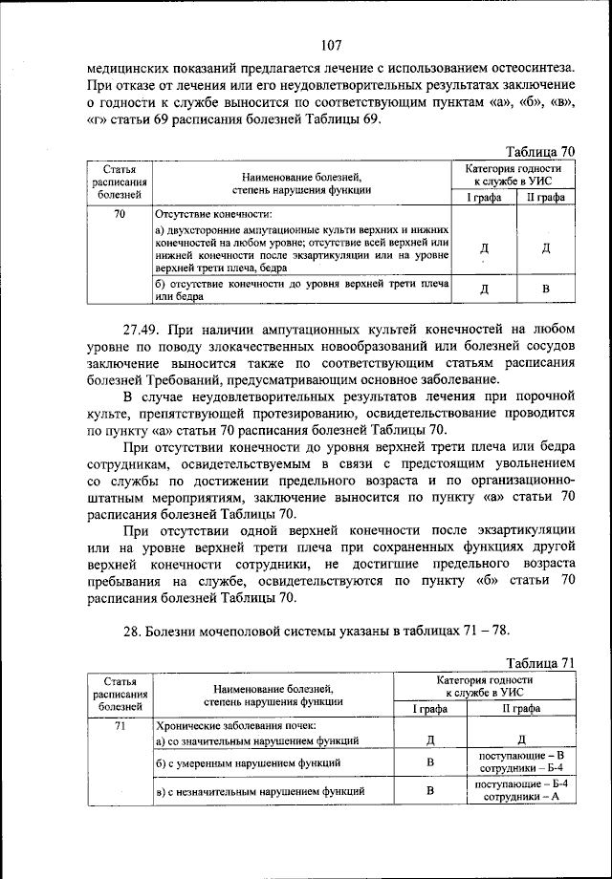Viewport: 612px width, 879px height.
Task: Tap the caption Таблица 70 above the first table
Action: tap(541, 151)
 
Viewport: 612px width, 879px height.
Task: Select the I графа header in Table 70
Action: tap(482, 197)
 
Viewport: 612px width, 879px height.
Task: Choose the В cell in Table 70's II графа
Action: tap(545, 289)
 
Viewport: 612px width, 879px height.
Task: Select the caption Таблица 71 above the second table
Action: tap(541, 662)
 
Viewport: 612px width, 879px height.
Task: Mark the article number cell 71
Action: tap(120, 725)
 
